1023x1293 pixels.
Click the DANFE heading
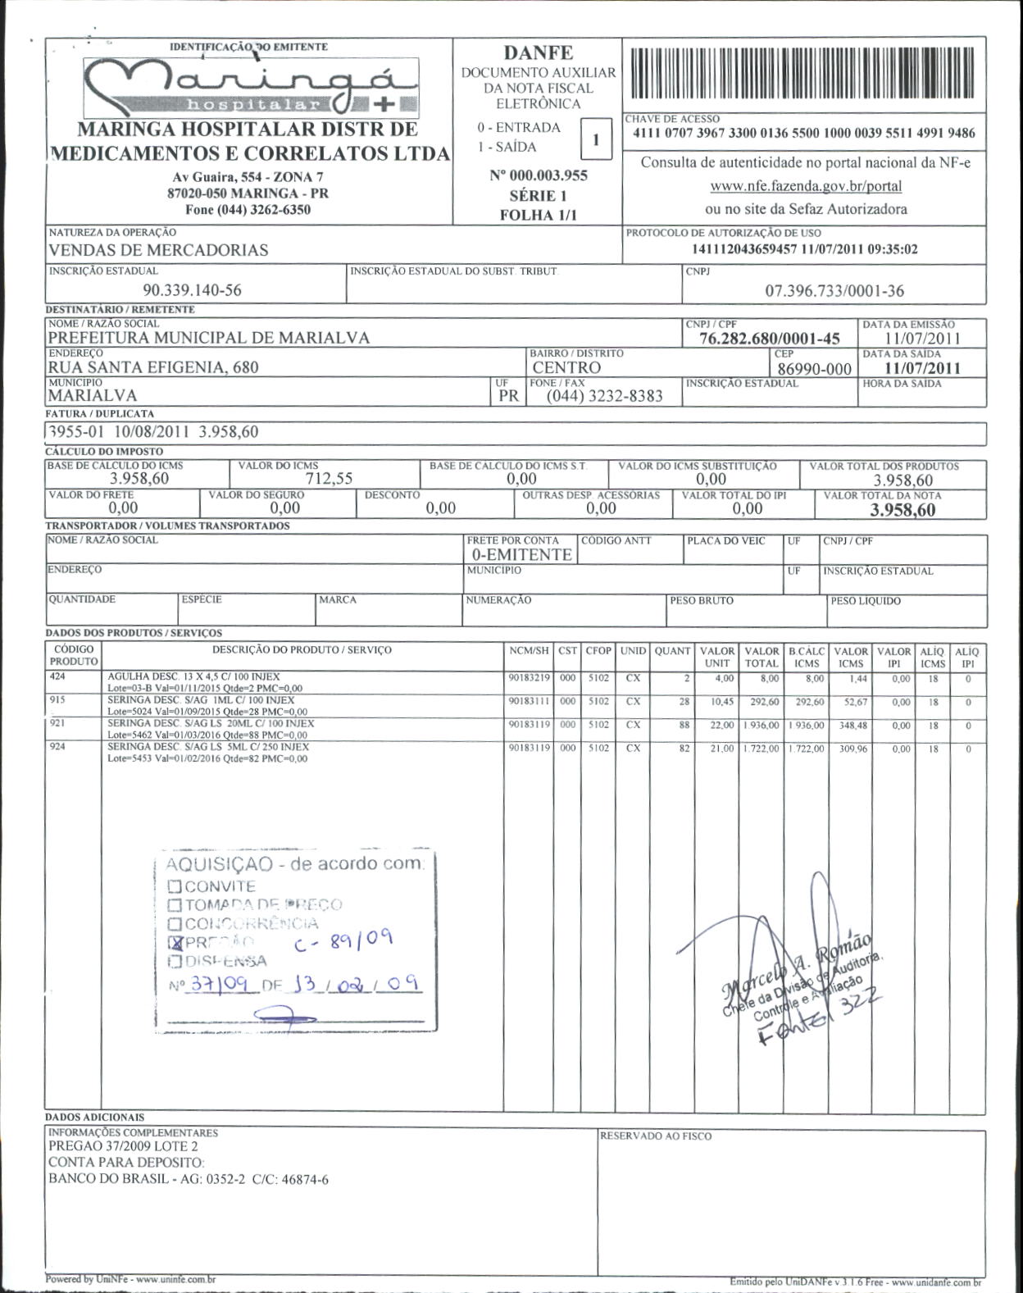click(538, 53)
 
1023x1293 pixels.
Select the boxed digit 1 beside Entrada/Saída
click(596, 139)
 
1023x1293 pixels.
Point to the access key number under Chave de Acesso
click(804, 134)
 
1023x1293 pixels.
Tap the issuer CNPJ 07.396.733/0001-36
click(834, 290)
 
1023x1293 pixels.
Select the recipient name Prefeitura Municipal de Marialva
click(209, 337)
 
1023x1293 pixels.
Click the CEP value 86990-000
click(814, 369)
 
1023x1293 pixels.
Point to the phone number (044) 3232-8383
click(605, 396)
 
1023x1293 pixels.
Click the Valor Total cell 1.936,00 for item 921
click(762, 726)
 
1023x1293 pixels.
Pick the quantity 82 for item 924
click(684, 749)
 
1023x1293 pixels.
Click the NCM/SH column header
click(529, 651)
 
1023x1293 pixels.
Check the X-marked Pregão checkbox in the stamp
click(175, 942)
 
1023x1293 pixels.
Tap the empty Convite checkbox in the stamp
click(175, 886)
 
